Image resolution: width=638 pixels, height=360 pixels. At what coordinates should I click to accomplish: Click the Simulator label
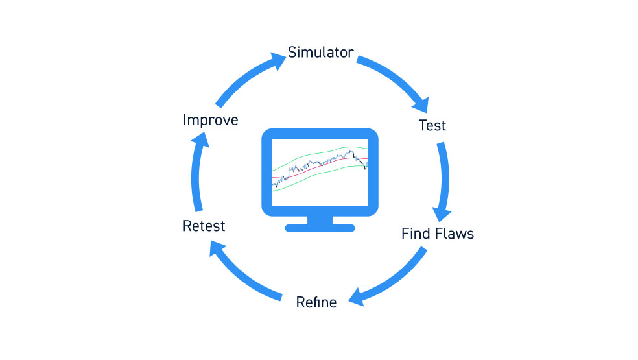pos(321,52)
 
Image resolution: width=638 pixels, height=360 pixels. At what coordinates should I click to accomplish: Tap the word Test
pos(432,125)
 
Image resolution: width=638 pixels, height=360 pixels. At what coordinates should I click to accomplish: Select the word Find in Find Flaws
pos(416,234)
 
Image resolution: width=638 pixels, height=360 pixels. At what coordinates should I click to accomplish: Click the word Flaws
pos(455,234)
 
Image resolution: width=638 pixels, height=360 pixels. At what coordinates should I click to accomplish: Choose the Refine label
pos(316,302)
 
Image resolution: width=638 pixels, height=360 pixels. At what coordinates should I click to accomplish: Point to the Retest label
pos(204,226)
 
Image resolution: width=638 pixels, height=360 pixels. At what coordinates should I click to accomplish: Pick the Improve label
pos(210,120)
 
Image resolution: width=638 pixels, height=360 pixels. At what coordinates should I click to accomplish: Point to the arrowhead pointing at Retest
pos(216,247)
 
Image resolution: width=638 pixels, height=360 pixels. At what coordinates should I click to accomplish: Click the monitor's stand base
pos(320,228)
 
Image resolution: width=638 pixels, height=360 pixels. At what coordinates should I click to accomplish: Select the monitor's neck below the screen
pos(320,220)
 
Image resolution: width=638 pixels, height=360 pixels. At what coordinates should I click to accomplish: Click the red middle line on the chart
pos(320,166)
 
